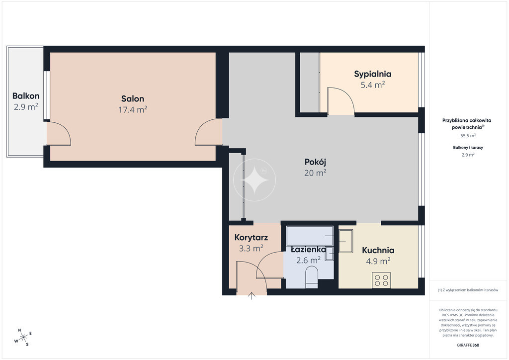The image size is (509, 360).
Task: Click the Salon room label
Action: [132, 98]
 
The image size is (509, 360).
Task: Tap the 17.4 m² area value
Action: [132, 109]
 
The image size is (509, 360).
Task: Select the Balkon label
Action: [26, 96]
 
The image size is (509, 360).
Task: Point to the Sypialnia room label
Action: [373, 75]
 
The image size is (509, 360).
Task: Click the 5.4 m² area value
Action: [373, 85]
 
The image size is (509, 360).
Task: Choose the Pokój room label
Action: [315, 162]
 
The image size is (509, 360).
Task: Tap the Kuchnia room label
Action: [378, 250]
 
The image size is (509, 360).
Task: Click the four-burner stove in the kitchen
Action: [381, 280]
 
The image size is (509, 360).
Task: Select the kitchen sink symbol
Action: [346, 241]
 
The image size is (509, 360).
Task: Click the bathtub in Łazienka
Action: [310, 236]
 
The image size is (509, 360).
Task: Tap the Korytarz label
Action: [251, 238]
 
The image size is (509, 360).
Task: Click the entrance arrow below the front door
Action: [252, 296]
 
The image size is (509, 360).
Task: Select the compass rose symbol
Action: [23, 338]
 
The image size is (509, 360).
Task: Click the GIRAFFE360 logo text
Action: [468, 345]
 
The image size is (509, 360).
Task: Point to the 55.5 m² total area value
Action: [468, 136]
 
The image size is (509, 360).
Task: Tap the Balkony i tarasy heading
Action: [468, 147]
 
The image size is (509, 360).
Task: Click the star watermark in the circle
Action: [254, 180]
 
